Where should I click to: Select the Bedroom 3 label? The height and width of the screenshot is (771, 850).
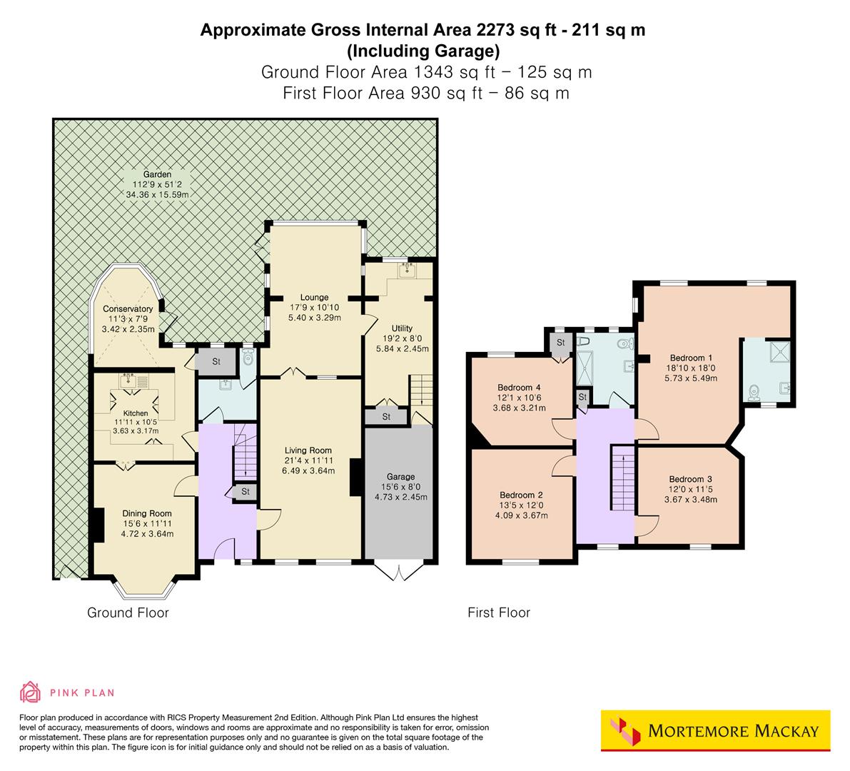point(690,479)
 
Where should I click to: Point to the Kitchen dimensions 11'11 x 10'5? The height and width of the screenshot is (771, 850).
point(136,422)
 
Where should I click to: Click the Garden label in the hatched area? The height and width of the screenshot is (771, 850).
point(156,174)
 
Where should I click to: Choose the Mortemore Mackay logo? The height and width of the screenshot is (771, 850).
point(716,731)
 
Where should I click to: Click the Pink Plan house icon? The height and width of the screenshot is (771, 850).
point(31,692)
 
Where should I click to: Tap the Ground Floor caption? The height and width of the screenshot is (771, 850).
point(128,613)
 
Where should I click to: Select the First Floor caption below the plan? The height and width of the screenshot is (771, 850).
point(499,613)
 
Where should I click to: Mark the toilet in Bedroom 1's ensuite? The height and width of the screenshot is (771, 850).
point(754,391)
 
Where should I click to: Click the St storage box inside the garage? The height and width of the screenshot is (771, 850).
point(386,416)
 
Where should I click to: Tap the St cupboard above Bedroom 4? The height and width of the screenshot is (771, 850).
point(561,343)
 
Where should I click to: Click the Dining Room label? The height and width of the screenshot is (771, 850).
point(147,513)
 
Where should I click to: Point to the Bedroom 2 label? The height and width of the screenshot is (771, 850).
point(521,495)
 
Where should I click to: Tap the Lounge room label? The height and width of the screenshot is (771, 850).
point(314,298)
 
